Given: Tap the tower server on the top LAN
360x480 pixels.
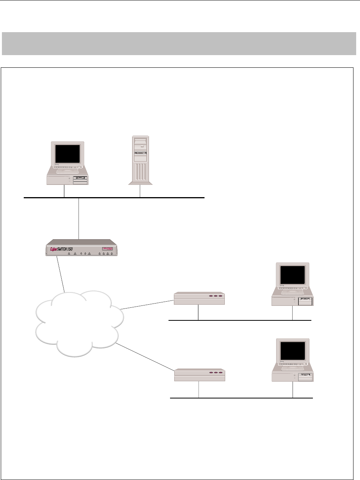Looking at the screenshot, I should [140, 161].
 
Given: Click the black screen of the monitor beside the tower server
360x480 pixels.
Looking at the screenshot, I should [68, 154].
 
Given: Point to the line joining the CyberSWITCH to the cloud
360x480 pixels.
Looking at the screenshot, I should [60, 273].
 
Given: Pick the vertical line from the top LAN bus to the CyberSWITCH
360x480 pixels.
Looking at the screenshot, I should [79, 218].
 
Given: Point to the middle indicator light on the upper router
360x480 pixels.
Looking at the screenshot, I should [215, 296].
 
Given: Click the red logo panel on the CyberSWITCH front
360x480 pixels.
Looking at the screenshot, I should [108, 250].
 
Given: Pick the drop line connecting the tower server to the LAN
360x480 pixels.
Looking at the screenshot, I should [141, 191].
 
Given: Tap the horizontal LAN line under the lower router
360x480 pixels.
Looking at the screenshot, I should [241, 398].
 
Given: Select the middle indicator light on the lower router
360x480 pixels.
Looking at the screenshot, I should [216, 372].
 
